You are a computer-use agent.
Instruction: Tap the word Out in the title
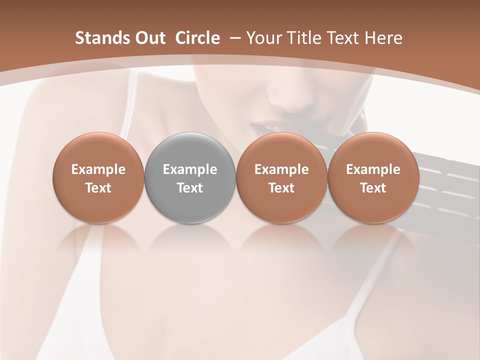click(x=148, y=38)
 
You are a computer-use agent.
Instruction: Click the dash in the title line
click(x=233, y=38)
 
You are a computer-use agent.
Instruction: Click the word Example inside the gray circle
click(x=190, y=169)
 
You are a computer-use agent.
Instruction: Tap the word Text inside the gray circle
click(x=190, y=188)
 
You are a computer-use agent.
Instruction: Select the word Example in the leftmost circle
click(x=98, y=169)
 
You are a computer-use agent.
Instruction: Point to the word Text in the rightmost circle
click(x=373, y=188)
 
